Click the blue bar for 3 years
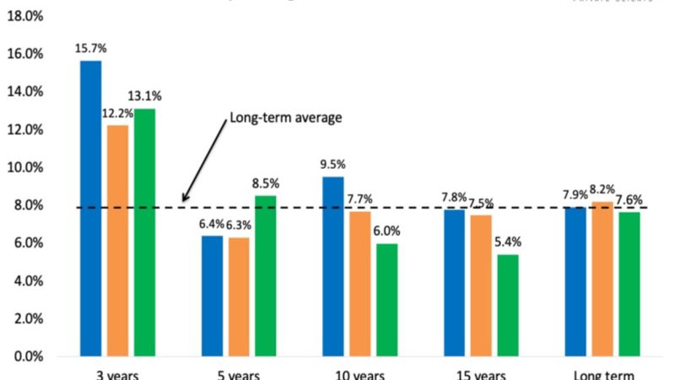click(90, 208)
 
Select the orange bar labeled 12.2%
click(118, 241)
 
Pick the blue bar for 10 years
click(332, 266)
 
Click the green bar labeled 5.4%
click(508, 305)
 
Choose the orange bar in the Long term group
click(600, 279)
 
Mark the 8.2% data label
click(601, 190)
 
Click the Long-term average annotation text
click(285, 117)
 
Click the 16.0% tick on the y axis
click(25, 54)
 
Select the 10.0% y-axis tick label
click(25, 167)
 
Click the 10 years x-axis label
click(359, 374)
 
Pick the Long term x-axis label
click(602, 374)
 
